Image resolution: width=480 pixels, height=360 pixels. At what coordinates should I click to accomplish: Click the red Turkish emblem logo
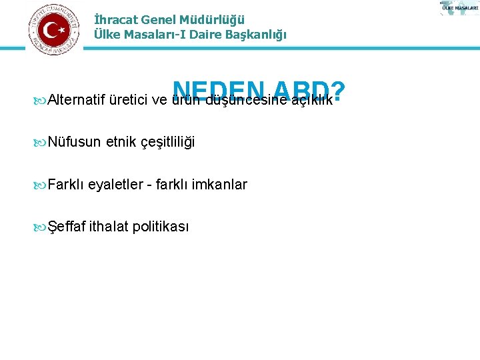53,29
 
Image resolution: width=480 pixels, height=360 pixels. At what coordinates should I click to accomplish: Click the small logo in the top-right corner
459,8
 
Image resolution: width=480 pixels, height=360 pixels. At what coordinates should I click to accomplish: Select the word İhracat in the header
115,20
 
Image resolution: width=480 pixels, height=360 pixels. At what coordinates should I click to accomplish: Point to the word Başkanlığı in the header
255,35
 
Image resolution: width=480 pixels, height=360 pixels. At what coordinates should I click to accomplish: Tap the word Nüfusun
74,142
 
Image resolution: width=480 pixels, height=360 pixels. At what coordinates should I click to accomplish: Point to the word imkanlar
219,185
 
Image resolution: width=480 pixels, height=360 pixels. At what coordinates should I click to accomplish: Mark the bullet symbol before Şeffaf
41,227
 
